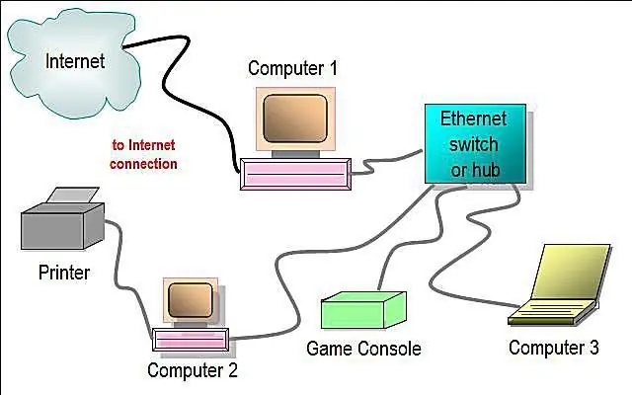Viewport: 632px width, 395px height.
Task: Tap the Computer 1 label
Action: (292, 68)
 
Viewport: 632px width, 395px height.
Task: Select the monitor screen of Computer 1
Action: (295, 118)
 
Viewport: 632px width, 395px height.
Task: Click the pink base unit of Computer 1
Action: (295, 174)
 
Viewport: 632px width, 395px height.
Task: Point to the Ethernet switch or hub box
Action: (476, 143)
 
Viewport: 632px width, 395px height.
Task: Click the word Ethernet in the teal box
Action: (473, 118)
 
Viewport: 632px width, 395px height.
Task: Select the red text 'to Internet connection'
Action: (143, 154)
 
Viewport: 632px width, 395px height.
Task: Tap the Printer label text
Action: (64, 273)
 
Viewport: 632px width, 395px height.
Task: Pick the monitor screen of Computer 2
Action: (191, 299)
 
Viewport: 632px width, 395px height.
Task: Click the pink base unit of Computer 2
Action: (191, 340)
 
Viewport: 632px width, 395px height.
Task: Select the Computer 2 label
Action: (193, 370)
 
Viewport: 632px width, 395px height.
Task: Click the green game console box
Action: (363, 309)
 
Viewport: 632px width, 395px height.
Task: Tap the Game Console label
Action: (363, 349)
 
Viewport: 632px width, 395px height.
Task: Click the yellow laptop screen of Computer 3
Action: (572, 272)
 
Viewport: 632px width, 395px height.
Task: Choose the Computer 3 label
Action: (554, 348)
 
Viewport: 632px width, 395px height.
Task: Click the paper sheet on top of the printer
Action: (73, 196)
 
